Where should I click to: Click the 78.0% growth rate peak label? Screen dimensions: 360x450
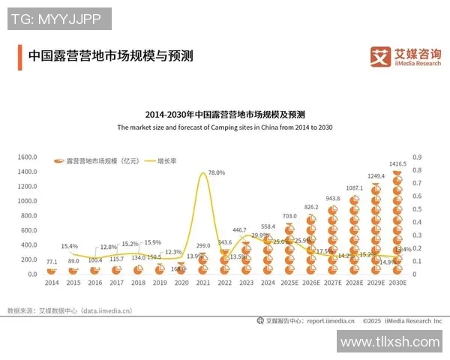216,172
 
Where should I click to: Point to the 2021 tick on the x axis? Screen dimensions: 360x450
202,283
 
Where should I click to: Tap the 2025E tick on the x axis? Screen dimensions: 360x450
289,283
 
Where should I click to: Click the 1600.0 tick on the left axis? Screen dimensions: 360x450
28,157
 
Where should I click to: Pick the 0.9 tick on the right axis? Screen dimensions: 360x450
417,157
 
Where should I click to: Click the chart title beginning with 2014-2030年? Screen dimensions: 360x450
224,115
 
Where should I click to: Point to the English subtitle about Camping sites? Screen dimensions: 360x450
224,127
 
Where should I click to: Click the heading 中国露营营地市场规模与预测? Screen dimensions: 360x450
110,55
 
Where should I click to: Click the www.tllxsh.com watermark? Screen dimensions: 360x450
389,342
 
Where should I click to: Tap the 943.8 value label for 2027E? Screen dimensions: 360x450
332,199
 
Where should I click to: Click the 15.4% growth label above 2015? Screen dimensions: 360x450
70,246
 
